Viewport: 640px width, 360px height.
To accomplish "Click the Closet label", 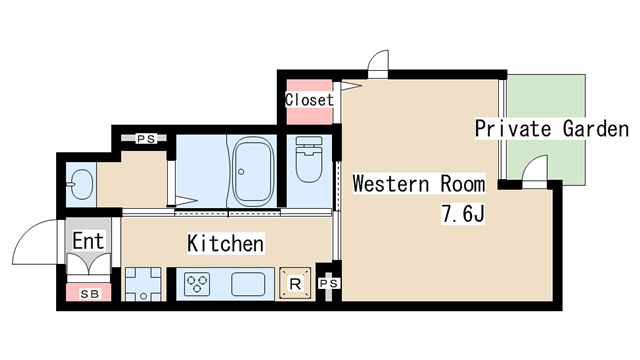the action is click(309, 100).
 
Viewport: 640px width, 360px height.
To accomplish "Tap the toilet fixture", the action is click(309, 159).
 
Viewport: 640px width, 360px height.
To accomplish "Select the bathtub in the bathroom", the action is click(253, 171).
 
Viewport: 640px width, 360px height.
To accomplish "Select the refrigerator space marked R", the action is click(295, 283).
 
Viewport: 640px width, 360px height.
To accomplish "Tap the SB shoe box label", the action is click(89, 294).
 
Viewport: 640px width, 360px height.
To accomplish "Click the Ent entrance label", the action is click(89, 241).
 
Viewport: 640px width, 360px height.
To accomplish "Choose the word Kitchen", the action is click(226, 243).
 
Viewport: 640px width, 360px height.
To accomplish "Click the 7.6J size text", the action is click(463, 214).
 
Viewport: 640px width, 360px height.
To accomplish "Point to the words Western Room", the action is click(419, 184).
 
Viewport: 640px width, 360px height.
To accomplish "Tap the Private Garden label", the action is click(552, 129).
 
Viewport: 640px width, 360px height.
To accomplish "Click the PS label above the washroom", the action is click(146, 139).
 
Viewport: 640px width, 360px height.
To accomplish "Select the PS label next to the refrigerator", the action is click(329, 283).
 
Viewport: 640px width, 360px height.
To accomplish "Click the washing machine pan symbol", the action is click(143, 284).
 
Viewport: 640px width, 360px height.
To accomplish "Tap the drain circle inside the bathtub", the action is click(241, 172).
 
